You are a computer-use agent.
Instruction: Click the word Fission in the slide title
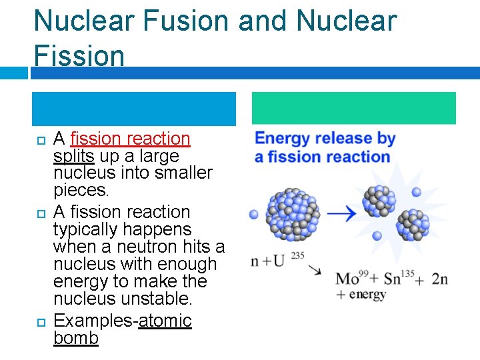pyautogui.click(x=79, y=55)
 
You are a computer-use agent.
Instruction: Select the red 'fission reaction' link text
pyautogui.click(x=130, y=139)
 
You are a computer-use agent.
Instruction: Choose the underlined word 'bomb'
pyautogui.click(x=75, y=338)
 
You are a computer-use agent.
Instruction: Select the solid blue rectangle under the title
pyautogui.click(x=134, y=109)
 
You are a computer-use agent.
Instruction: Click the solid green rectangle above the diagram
pyautogui.click(x=353, y=109)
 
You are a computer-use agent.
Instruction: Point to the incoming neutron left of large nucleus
pyautogui.click(x=254, y=215)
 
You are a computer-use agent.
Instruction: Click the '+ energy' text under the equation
pyautogui.click(x=361, y=294)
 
